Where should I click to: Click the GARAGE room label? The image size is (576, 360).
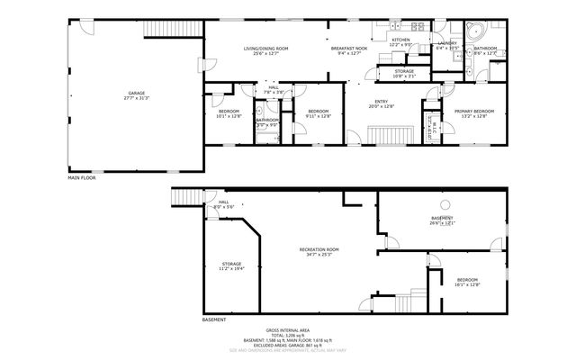[x=137, y=95]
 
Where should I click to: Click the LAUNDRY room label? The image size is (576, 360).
[x=447, y=44]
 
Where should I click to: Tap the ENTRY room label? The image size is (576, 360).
[x=382, y=103]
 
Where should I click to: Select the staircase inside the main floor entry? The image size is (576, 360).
[x=380, y=137]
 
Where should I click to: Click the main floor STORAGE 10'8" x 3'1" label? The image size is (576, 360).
[x=403, y=73]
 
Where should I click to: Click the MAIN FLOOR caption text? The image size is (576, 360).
[x=81, y=177]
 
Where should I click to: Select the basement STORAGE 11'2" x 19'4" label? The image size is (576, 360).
[x=231, y=265]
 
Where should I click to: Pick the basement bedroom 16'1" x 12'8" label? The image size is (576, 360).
[x=466, y=282]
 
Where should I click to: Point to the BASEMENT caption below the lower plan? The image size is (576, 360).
[x=213, y=319]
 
